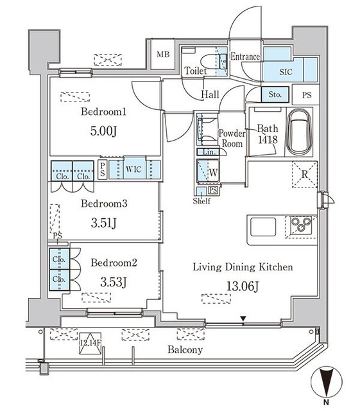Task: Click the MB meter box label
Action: pyautogui.click(x=163, y=55)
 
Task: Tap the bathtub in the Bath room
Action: pyautogui.click(x=300, y=133)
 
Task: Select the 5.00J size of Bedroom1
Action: pyautogui.click(x=103, y=131)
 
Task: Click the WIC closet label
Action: pyautogui.click(x=133, y=170)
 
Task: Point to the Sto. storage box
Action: pyautogui.click(x=275, y=94)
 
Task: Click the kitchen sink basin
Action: pyautogui.click(x=263, y=227)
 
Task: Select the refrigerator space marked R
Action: pyautogui.click(x=304, y=174)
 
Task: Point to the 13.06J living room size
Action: pyautogui.click(x=243, y=286)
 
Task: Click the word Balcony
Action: pyautogui.click(x=185, y=349)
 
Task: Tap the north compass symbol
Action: pyautogui.click(x=327, y=381)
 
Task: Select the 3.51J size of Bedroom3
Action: pyautogui.click(x=103, y=223)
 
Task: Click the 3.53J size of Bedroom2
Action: pyautogui.click(x=114, y=282)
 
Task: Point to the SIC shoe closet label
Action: pyautogui.click(x=286, y=72)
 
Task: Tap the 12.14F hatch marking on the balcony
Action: pyautogui.click(x=90, y=343)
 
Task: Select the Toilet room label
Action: pyautogui.click(x=196, y=71)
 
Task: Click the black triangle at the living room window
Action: pyautogui.click(x=243, y=319)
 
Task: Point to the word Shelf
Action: pyautogui.click(x=201, y=201)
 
